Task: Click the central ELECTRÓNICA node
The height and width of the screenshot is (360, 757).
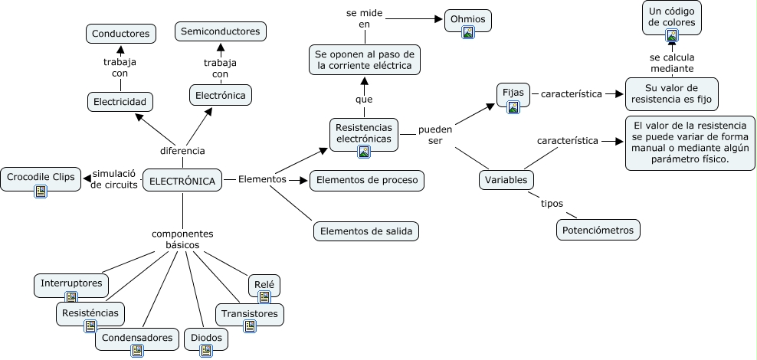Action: (182, 181)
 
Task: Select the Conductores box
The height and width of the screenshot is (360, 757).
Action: (121, 34)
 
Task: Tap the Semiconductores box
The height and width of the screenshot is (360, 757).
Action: (220, 31)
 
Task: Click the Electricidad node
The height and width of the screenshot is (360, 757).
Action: (120, 102)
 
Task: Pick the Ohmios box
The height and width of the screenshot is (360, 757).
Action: (468, 20)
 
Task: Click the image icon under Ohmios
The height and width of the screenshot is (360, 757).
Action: (468, 32)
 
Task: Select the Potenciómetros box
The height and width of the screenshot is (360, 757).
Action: (598, 230)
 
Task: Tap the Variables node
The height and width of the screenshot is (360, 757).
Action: (506, 180)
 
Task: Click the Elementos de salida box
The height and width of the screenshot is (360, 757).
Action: (366, 231)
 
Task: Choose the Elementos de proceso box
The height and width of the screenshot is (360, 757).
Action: (367, 181)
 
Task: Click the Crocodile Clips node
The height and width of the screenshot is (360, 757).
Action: (41, 178)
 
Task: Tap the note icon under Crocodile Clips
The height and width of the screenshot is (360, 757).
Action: (41, 191)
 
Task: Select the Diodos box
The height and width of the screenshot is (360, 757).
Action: (206, 339)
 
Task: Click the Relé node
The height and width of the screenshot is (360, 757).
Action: (264, 285)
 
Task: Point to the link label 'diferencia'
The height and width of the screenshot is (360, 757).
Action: (182, 151)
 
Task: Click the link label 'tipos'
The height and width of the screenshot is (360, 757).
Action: (552, 204)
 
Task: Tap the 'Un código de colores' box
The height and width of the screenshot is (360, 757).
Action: (671, 18)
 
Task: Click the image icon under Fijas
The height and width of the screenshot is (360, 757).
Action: (513, 107)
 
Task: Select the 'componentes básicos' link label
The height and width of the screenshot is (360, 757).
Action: (182, 239)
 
